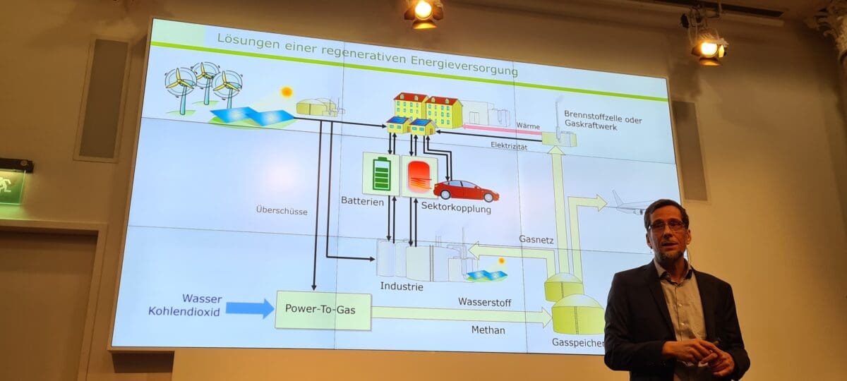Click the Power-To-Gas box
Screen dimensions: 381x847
(323, 310)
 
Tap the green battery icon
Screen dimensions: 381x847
(381, 174)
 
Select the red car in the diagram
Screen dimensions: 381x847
(465, 190)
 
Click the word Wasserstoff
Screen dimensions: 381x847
(484, 303)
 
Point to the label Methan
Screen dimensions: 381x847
(488, 329)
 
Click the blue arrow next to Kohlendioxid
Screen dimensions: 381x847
(249, 308)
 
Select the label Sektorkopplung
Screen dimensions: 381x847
(455, 209)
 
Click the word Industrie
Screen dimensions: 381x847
(402, 286)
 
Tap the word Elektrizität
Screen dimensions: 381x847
(509, 145)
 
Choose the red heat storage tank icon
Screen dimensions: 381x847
(419, 176)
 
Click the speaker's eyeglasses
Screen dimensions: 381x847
(666, 226)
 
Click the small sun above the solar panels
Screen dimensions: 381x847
(286, 92)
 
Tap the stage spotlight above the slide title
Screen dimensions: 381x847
(423, 12)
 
